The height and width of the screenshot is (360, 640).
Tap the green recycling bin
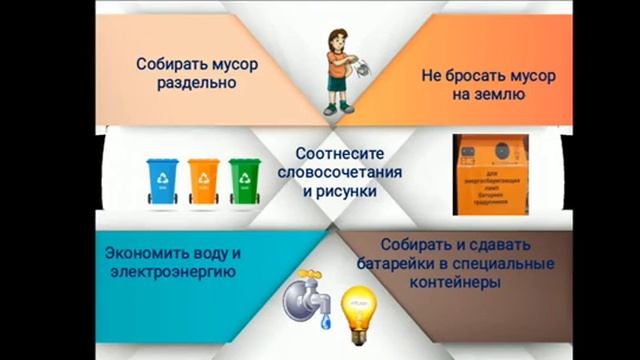coord(243,180)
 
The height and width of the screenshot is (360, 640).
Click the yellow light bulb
coord(357,305)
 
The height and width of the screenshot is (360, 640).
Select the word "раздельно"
coord(196,84)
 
